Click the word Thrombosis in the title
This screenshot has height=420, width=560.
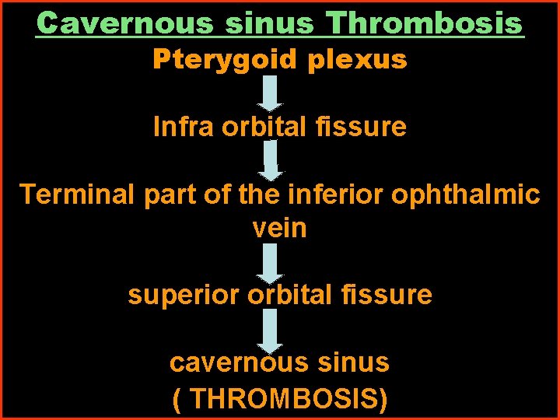(425, 23)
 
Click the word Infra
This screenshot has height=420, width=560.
(184, 127)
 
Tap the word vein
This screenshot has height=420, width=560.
(280, 228)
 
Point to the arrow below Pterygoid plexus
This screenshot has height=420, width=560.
(271, 93)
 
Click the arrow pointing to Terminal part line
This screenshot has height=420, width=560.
(271, 160)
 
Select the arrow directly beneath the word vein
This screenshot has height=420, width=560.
(271, 263)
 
